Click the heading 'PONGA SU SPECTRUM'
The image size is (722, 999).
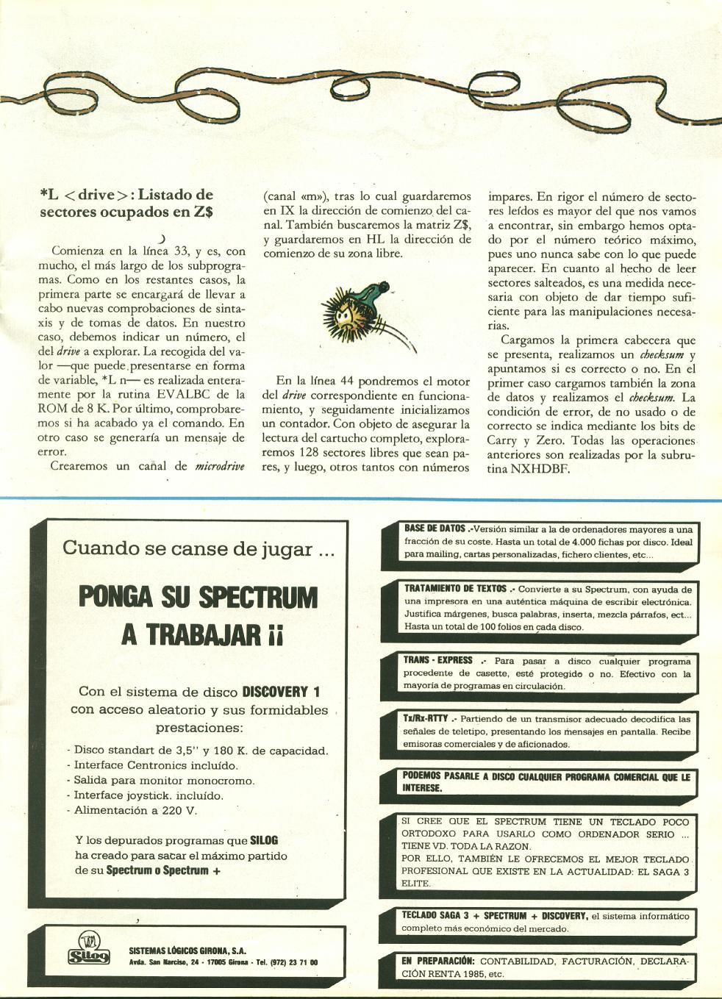click(x=198, y=597)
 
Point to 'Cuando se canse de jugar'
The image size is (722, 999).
click(x=198, y=548)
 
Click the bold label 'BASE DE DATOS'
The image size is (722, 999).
click(x=435, y=529)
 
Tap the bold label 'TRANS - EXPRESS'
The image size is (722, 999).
click(x=437, y=660)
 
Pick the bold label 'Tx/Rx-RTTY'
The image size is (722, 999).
click(x=425, y=718)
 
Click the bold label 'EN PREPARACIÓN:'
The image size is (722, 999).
click(x=438, y=961)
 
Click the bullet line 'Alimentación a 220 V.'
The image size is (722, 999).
click(x=136, y=810)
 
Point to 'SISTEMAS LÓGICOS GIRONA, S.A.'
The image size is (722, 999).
click(x=187, y=950)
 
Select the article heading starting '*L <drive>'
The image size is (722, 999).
click(x=126, y=204)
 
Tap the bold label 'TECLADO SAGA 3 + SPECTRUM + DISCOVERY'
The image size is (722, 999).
click(x=494, y=916)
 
